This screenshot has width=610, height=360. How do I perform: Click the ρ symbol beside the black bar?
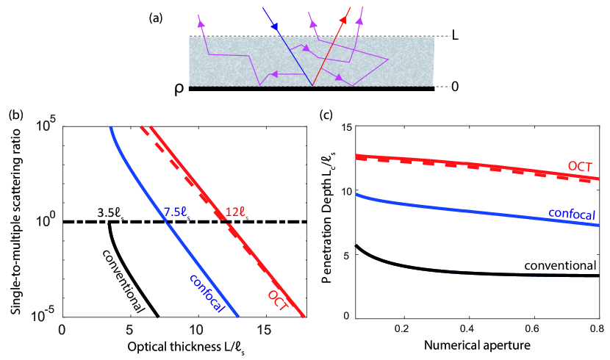click(x=179, y=88)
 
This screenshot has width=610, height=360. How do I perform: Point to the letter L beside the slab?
click(x=456, y=35)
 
